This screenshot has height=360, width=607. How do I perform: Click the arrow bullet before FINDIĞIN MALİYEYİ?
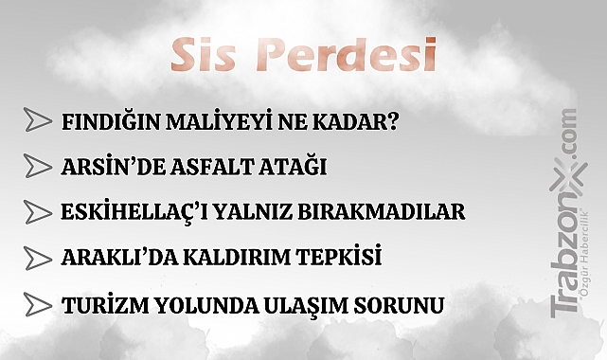coord(36,120)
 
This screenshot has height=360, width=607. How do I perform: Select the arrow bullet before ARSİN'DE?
coord(36,166)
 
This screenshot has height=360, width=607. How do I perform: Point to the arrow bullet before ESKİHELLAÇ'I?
coord(36,211)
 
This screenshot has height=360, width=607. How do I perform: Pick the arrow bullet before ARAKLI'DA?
coord(36,258)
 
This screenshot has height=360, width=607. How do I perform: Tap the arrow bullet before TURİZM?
coord(36,305)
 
